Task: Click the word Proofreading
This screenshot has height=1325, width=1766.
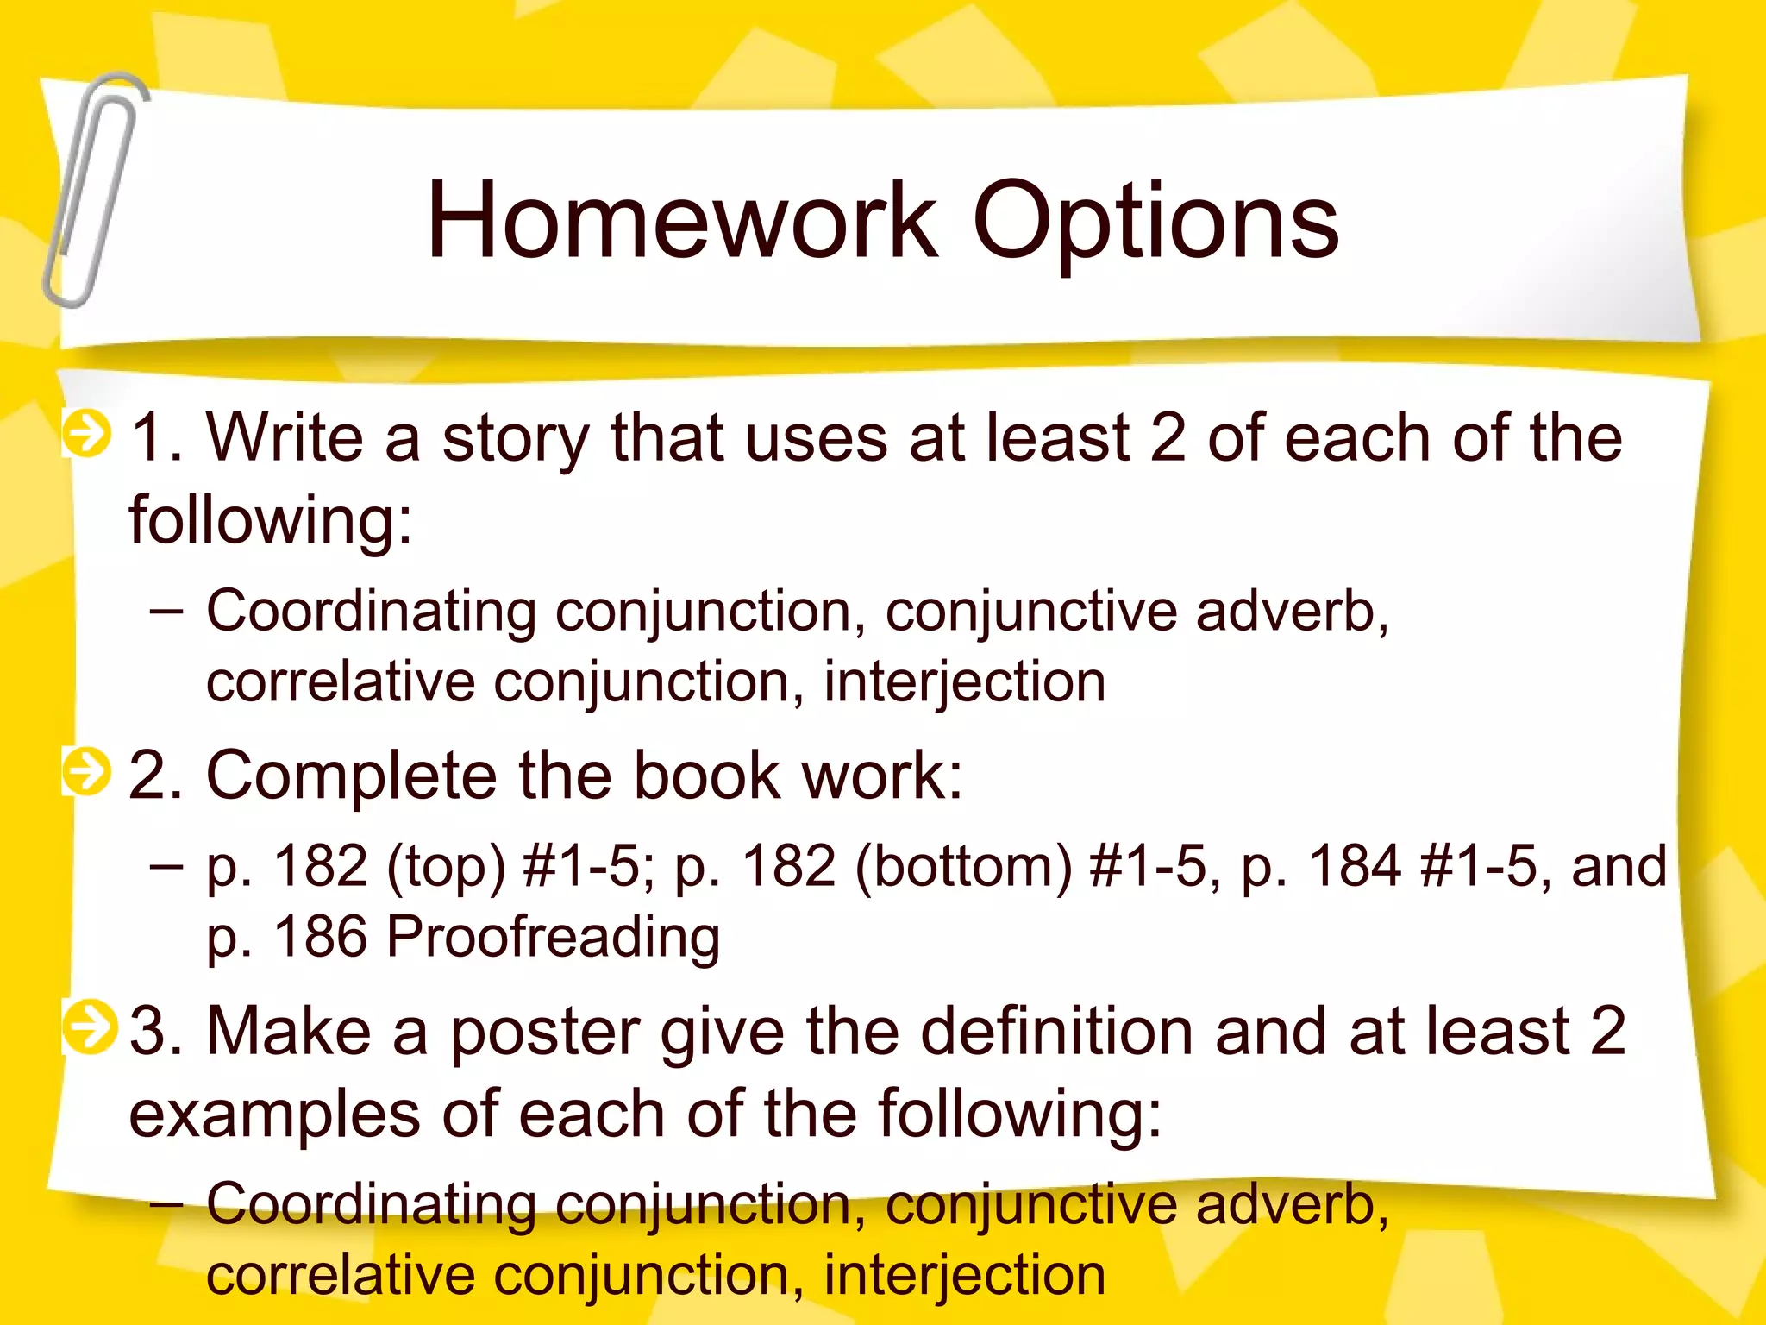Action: [x=553, y=937]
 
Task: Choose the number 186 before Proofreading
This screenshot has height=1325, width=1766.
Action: [x=320, y=936]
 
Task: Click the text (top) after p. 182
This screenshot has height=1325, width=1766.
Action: [x=446, y=867]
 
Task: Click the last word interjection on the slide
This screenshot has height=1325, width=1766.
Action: [x=964, y=1275]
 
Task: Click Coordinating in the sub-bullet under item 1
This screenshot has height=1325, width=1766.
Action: [x=371, y=611]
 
